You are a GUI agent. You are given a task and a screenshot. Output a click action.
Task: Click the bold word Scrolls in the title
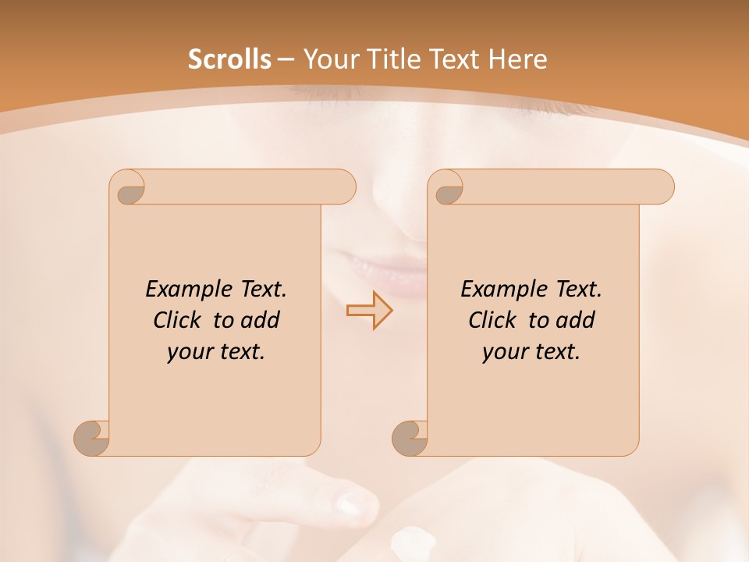[x=229, y=59]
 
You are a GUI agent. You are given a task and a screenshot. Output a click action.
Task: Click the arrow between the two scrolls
[x=369, y=310]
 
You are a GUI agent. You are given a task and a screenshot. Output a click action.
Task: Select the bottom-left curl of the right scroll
[x=410, y=437]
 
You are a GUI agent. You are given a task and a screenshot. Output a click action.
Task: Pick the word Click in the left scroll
[x=179, y=320]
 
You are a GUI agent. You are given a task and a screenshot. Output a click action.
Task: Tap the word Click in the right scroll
[x=495, y=320]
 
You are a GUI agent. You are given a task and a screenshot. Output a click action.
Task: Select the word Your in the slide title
[x=327, y=59]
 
